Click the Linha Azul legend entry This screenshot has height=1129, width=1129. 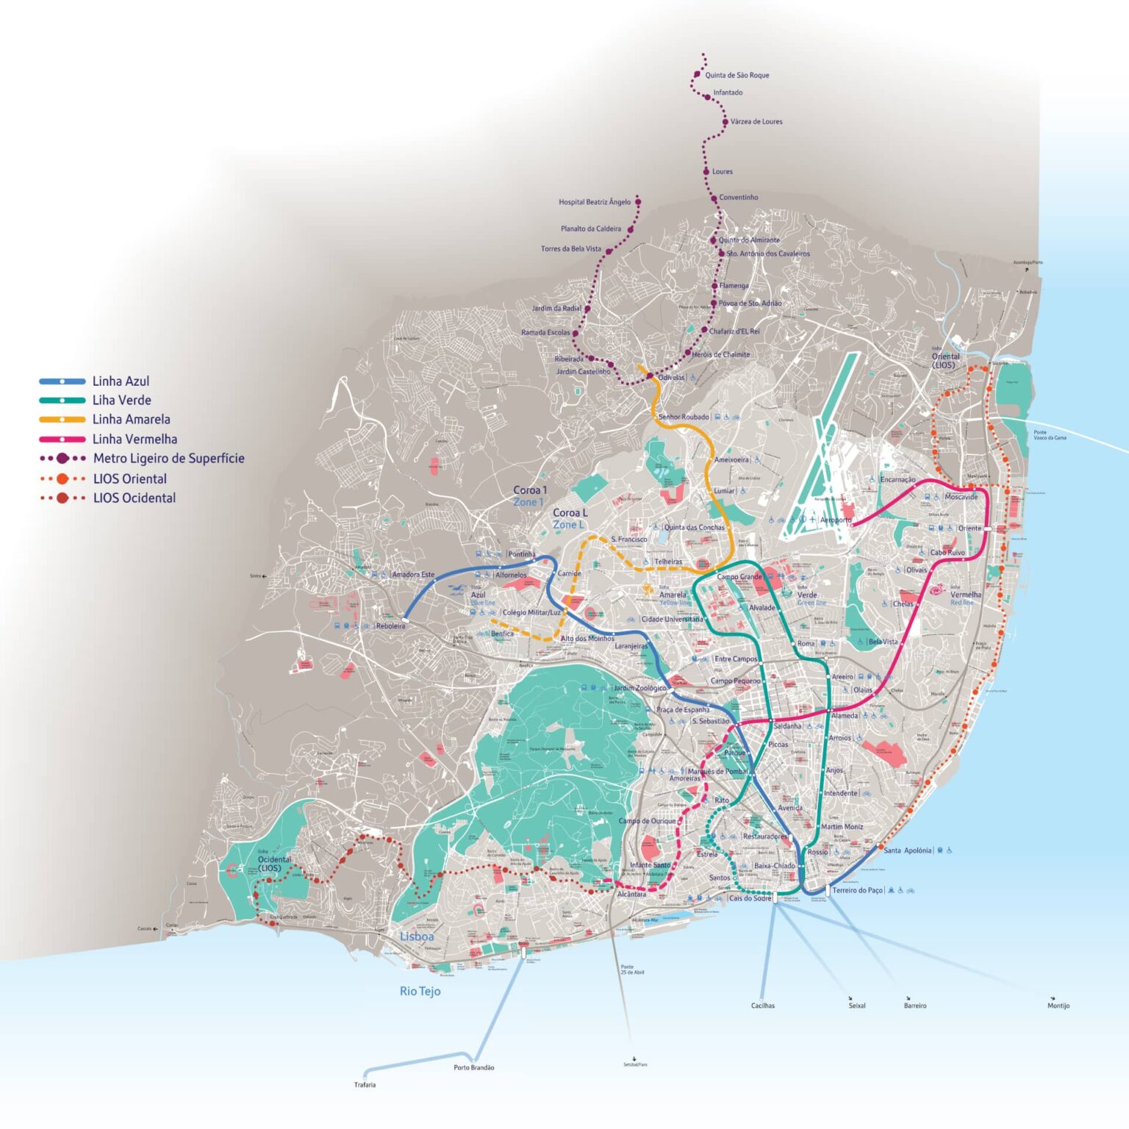(x=120, y=381)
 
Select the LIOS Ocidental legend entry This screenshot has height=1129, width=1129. (x=134, y=498)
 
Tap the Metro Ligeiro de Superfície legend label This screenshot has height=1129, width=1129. (x=168, y=458)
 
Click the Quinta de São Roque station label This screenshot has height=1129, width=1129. (x=736, y=75)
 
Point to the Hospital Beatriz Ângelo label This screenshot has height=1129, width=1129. (x=594, y=202)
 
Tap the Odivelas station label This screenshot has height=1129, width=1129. (x=671, y=378)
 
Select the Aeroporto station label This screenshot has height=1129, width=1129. (x=836, y=520)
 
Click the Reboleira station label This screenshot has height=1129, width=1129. (x=390, y=626)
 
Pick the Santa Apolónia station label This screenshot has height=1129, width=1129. (x=907, y=850)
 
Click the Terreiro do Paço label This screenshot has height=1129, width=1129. (x=857, y=890)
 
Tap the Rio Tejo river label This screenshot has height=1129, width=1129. (x=420, y=991)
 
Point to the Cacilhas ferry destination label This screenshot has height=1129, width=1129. (x=762, y=1006)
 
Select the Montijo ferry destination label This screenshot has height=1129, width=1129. (x=1058, y=1006)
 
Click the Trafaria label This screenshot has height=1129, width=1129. (x=365, y=1085)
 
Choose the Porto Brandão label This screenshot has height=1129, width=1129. (x=473, y=1067)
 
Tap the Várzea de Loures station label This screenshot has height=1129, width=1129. (x=756, y=121)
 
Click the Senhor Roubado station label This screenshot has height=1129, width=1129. (x=684, y=417)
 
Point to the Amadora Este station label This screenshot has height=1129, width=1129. (x=412, y=575)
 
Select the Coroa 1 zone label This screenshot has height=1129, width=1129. (x=530, y=490)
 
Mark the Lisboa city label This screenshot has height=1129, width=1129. (x=417, y=936)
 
